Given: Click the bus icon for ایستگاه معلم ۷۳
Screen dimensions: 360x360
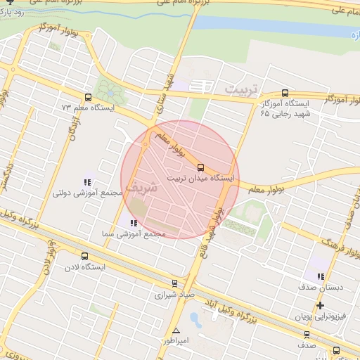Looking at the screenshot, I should click(88, 98).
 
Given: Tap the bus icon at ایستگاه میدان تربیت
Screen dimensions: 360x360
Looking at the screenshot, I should click(201, 167).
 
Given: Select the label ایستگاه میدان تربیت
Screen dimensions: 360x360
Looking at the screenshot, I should click(200, 179).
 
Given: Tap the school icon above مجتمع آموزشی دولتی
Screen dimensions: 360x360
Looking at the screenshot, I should click(87, 182).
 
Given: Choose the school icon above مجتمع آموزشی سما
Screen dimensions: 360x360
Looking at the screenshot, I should click(134, 223).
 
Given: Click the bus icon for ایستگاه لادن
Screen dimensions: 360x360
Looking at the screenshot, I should click(85, 257).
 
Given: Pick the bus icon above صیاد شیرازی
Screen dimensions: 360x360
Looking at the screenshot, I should click(174, 284).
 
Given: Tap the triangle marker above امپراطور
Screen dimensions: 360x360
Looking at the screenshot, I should click(176, 330).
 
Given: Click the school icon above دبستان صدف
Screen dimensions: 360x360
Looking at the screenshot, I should click(321, 276).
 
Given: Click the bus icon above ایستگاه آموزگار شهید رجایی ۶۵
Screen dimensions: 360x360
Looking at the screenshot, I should click(284, 92).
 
